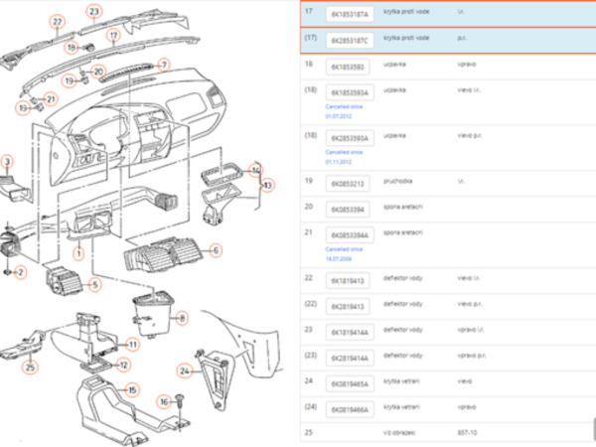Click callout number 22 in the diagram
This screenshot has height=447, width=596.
pos(57,21)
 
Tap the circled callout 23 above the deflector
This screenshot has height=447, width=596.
pos(94,12)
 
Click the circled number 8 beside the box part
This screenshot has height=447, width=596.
pos(182,318)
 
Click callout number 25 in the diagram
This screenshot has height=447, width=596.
pos(30,369)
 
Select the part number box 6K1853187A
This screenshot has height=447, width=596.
pos(349,16)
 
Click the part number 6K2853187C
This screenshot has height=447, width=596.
pos(349,41)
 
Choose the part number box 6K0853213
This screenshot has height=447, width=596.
pos(348,183)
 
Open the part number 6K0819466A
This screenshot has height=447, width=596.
pos(350,408)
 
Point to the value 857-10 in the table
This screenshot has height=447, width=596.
pos(467,432)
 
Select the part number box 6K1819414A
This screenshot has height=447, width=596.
pos(350,333)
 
